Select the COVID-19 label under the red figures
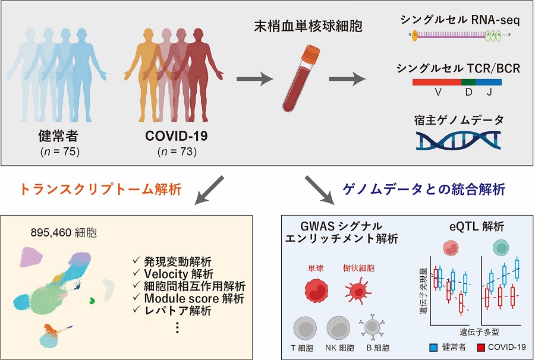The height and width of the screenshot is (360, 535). point(177,136)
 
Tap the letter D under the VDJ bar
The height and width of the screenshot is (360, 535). point(468,94)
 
